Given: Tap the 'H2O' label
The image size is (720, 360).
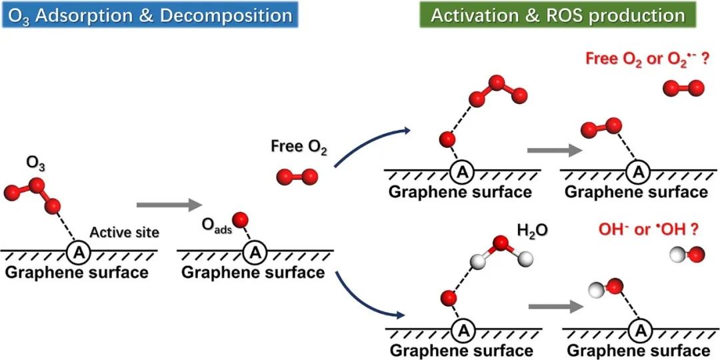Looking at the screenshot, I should pyautogui.click(x=531, y=231).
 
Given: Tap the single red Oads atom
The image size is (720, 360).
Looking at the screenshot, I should pyautogui.click(x=241, y=219).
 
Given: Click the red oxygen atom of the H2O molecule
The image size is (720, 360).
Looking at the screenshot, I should pyautogui.click(x=501, y=243).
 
